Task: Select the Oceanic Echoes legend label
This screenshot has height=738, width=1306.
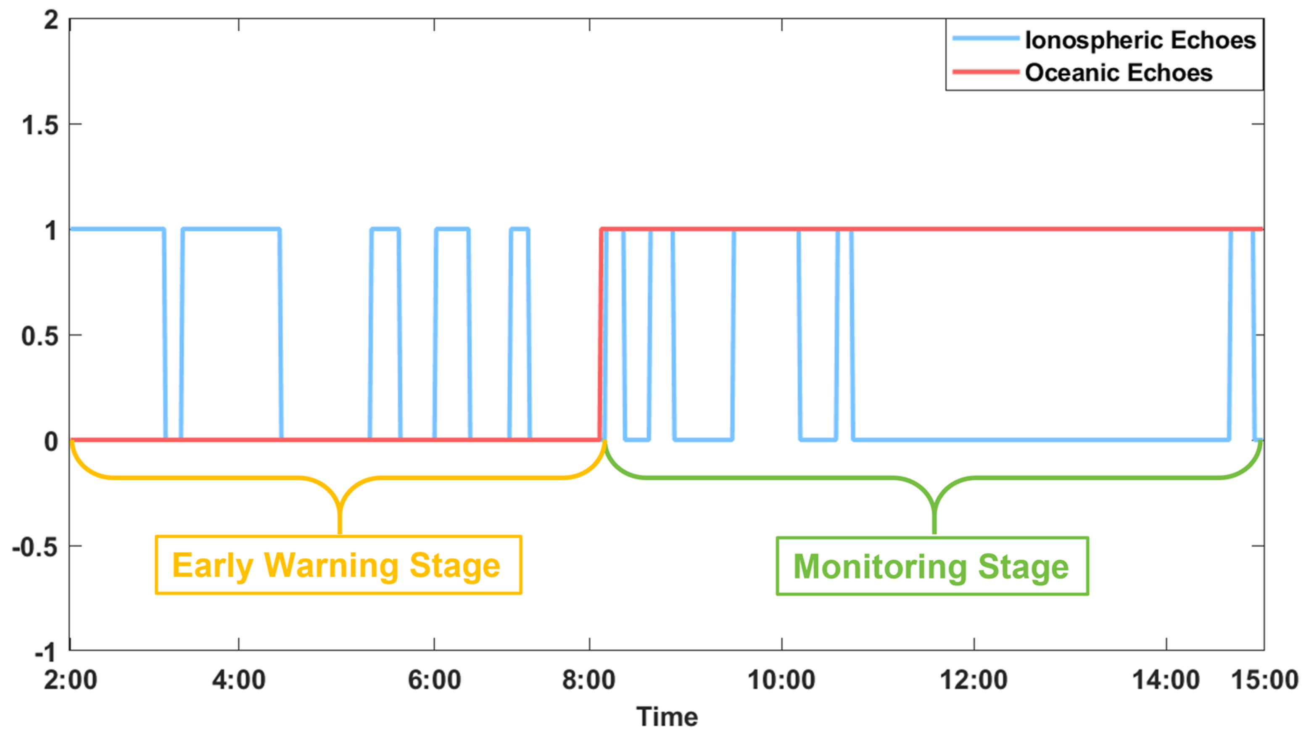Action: (1119, 72)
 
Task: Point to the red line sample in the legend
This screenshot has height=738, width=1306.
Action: (985, 72)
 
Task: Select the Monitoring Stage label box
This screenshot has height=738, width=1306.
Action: (932, 566)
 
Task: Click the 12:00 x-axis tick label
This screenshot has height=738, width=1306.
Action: (974, 680)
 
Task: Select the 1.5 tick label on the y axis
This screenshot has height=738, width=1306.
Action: (40, 125)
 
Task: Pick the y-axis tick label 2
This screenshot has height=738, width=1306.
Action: (51, 20)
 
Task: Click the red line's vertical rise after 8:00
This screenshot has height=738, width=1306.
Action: (600, 335)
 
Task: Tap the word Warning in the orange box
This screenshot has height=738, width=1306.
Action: (331, 565)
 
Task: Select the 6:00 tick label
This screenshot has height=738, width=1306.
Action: (434, 680)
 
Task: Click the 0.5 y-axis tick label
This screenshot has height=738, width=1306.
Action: (40, 336)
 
